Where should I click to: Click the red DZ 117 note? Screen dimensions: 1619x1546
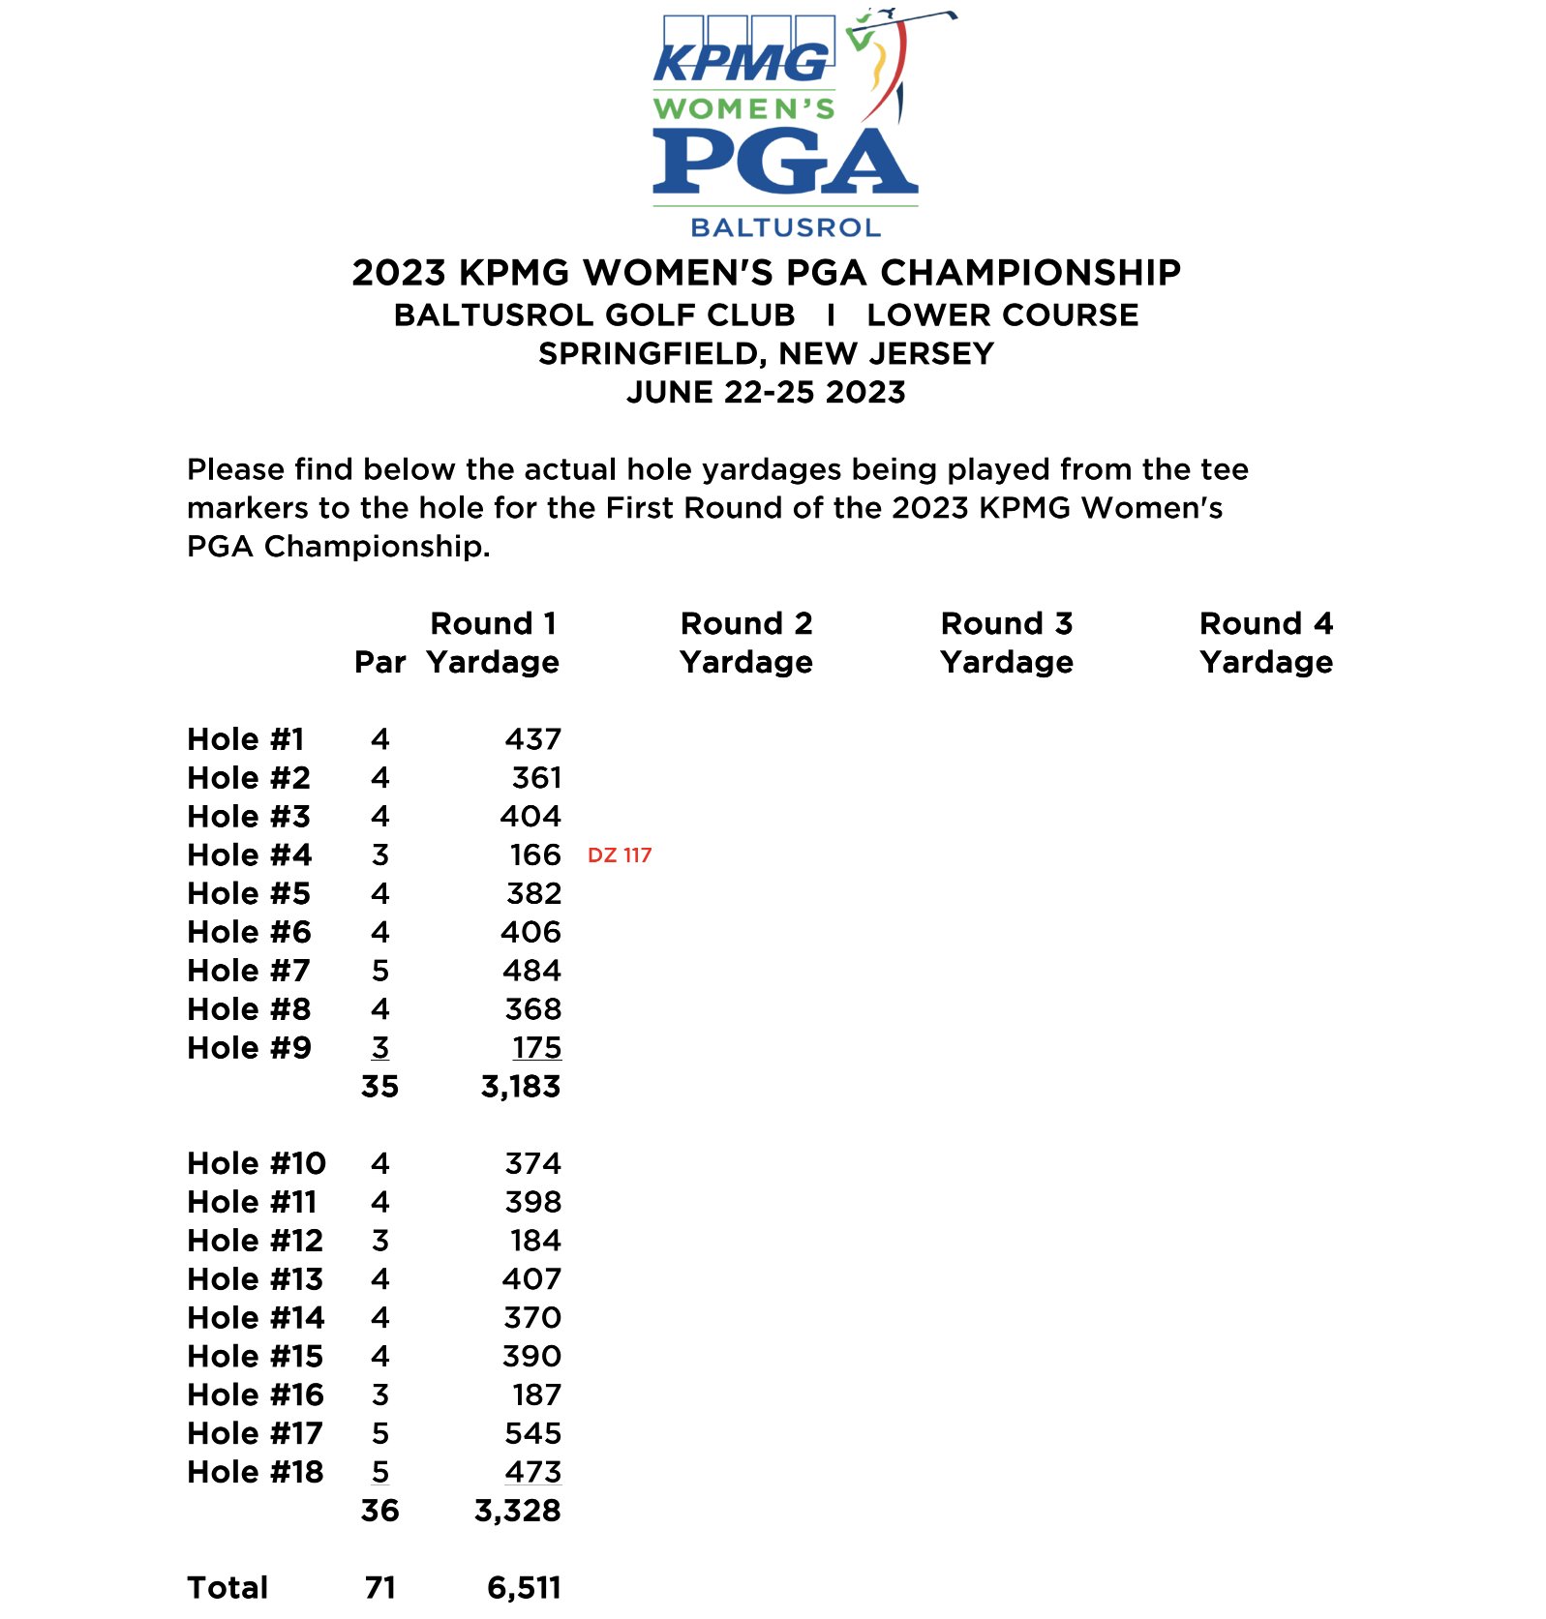tap(620, 855)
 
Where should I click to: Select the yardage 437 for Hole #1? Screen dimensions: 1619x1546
tap(532, 739)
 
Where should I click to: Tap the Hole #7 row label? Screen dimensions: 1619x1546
tap(249, 971)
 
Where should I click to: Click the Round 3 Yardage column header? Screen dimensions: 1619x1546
tap(1007, 643)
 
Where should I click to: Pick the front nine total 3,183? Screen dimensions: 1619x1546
tap(521, 1087)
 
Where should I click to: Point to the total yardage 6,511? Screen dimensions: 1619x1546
tap(524, 1588)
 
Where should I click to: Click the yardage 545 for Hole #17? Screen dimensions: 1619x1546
tap(532, 1433)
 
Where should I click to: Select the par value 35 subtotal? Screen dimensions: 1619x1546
tap(379, 1087)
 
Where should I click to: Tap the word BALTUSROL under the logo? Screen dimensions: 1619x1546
tap(785, 227)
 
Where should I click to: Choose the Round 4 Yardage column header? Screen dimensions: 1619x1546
tap(1266, 643)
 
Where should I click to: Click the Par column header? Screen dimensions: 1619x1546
tap(379, 662)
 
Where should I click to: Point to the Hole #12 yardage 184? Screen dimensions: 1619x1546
tap(535, 1241)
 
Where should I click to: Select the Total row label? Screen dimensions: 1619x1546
tap(227, 1588)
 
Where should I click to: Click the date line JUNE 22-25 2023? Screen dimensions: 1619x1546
tap(766, 392)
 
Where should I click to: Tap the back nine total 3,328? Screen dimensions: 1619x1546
tap(518, 1511)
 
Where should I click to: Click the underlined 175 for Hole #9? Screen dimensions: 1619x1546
tap(536, 1048)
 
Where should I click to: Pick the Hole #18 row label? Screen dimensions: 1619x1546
tap(255, 1472)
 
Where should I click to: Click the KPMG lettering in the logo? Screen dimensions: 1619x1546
tap(742, 63)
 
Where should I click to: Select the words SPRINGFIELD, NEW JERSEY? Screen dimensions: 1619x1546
tap(766, 353)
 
